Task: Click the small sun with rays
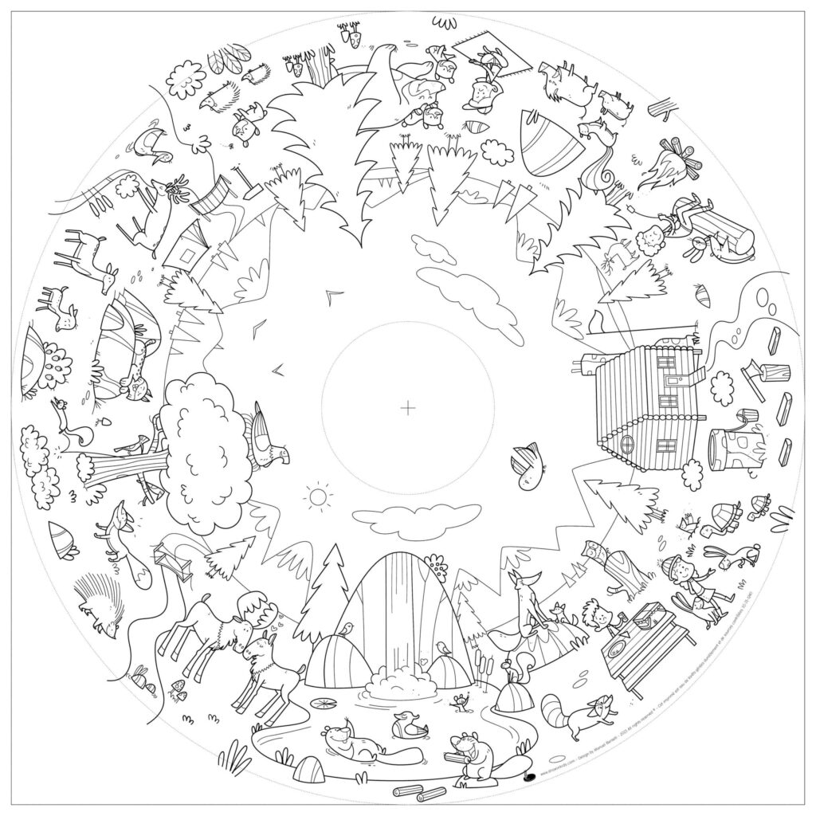pyautogui.click(x=318, y=496)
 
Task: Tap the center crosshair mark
pyautogui.click(x=408, y=408)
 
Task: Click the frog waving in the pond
pyautogui.click(x=458, y=701)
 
